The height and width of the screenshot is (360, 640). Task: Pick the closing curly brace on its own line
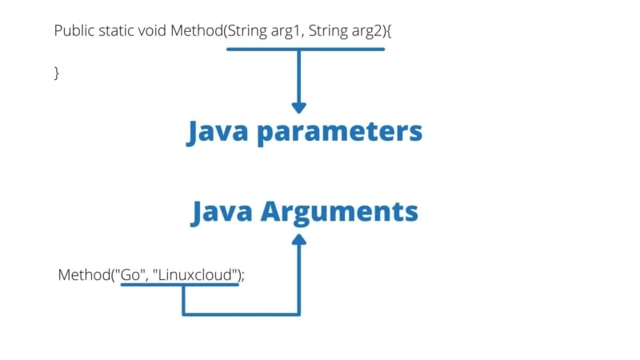(57, 73)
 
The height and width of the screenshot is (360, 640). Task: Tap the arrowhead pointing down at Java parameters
(299, 106)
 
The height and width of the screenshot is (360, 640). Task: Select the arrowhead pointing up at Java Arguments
(299, 240)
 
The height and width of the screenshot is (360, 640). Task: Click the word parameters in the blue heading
(338, 132)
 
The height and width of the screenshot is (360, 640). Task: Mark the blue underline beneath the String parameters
(305, 49)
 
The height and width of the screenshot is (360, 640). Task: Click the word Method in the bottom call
(83, 274)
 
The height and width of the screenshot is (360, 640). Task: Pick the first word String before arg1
(241, 31)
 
